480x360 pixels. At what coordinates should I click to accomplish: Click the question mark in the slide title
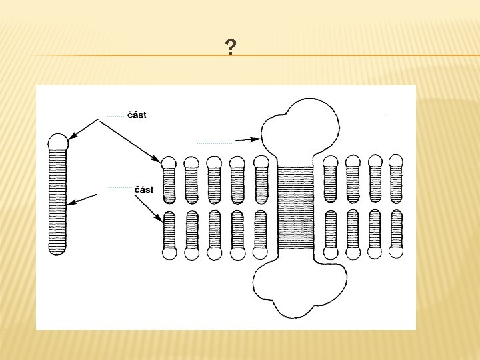[230, 47]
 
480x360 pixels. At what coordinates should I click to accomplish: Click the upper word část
[137, 115]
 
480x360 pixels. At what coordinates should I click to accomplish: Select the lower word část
[143, 189]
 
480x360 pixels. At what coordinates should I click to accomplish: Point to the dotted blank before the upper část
[115, 116]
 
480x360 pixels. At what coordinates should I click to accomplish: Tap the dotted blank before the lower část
[119, 188]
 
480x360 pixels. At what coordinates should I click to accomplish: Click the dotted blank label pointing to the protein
[214, 143]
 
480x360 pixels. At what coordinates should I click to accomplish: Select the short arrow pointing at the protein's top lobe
[247, 140]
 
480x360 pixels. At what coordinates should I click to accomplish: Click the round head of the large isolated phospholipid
[58, 141]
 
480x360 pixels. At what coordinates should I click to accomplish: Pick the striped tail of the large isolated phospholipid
[58, 200]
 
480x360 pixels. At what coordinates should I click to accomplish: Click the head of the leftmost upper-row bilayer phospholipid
[169, 162]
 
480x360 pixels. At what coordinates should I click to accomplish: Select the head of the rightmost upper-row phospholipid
[396, 161]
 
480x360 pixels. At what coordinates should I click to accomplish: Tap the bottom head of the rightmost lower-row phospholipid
[396, 253]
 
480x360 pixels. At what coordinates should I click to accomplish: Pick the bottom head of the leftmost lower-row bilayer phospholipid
[169, 253]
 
